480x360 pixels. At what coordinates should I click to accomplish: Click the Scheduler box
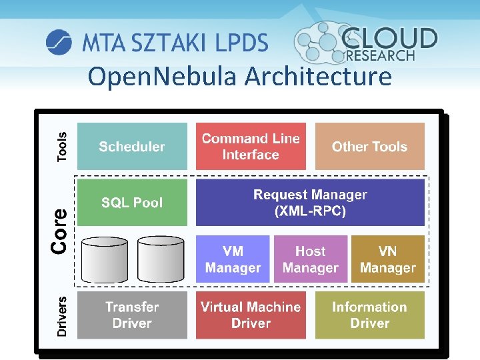[x=132, y=146]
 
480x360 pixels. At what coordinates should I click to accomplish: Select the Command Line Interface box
[x=251, y=146]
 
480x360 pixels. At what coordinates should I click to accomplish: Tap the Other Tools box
[x=369, y=146]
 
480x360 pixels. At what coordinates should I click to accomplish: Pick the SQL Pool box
[x=132, y=202]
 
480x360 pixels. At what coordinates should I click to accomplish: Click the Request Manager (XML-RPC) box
[x=310, y=203]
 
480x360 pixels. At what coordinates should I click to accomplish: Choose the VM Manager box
[x=233, y=259]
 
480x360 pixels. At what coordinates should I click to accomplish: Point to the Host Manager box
[x=310, y=259]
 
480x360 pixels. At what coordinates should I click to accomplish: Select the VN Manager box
[x=387, y=259]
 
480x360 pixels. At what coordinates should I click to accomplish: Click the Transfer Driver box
[x=132, y=315]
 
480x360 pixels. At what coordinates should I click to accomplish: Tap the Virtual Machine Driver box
[x=251, y=315]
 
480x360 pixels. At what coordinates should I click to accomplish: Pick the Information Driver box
[x=369, y=315]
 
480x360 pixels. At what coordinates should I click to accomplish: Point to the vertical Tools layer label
[x=62, y=146]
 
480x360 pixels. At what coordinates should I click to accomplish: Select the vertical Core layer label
[x=59, y=231]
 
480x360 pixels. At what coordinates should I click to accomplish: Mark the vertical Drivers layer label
[x=62, y=315]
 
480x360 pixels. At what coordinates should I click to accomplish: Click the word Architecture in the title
[x=318, y=77]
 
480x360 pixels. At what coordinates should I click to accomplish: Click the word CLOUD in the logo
[x=390, y=38]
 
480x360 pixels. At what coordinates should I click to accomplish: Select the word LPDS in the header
[x=241, y=43]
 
